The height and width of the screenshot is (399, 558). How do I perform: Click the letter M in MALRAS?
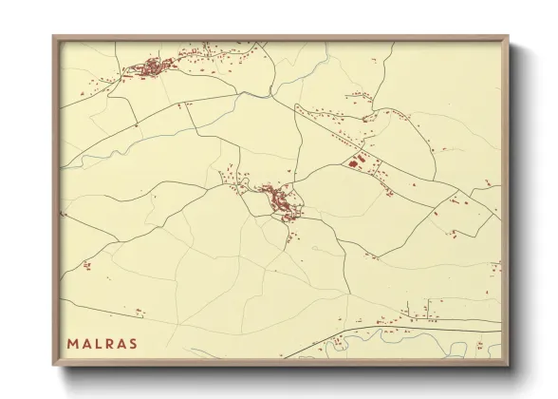pos(72,343)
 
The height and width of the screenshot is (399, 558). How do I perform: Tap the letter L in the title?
pos(99,343)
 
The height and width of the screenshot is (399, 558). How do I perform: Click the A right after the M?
pos(86,343)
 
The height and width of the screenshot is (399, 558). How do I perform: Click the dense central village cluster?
pos(280,201)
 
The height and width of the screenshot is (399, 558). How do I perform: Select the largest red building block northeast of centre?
pos(359,161)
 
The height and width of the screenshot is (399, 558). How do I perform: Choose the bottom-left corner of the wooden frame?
pos(54,364)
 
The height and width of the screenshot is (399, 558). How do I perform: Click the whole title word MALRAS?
pos(102,343)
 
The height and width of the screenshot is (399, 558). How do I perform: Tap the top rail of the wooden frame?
pos(280,38)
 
